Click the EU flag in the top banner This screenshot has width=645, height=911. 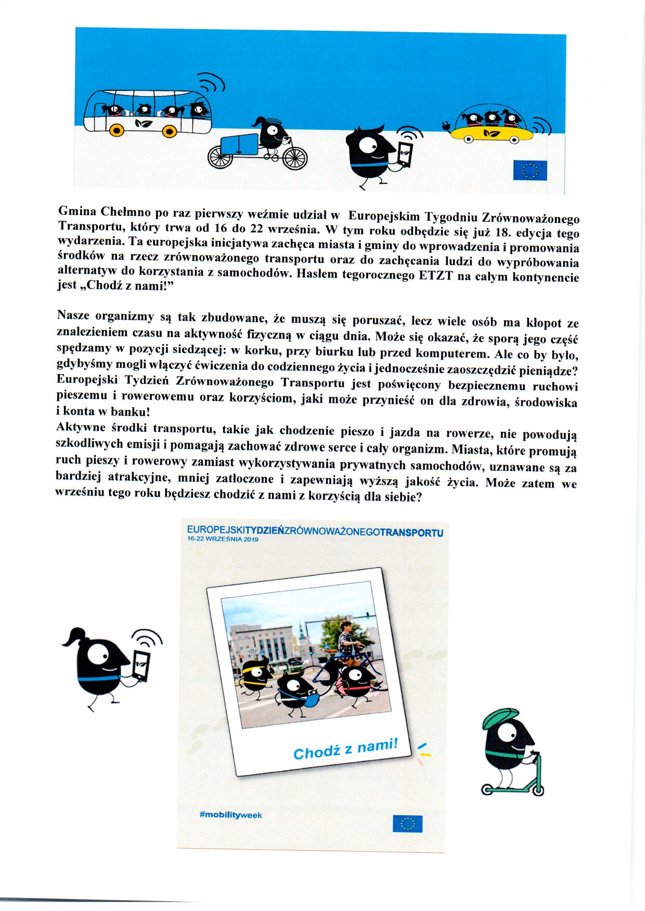point(530,170)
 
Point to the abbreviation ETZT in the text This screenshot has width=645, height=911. point(435,275)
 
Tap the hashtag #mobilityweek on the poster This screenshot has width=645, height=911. point(230,815)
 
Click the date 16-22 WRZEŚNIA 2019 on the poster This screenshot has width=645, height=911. point(223,539)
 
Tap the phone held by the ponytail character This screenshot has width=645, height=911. point(141,665)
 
